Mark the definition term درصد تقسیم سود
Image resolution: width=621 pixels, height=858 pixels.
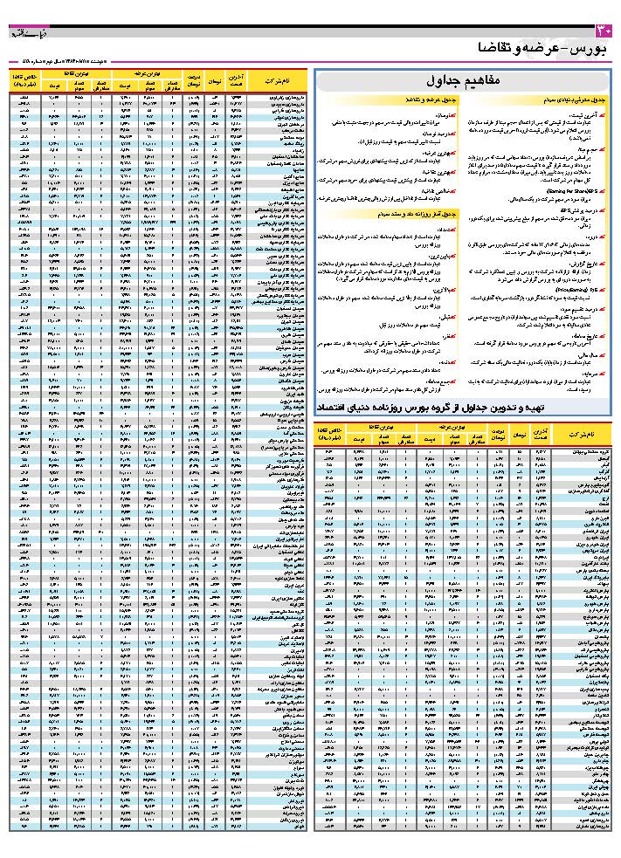point(584,309)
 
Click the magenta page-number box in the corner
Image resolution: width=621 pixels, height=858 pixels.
point(608,31)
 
